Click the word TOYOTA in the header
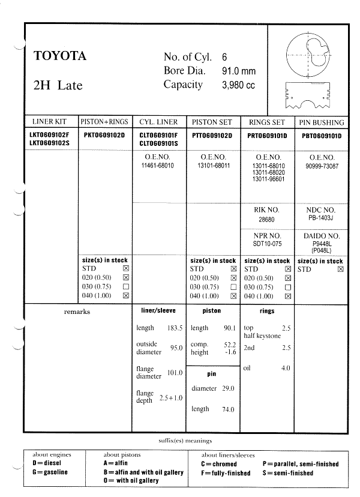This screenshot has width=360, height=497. (x=60, y=57)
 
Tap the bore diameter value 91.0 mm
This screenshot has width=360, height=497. (x=239, y=71)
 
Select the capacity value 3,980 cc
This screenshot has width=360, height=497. (x=238, y=85)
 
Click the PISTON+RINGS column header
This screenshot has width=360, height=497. (x=105, y=121)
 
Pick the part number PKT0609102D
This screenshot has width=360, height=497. (x=104, y=136)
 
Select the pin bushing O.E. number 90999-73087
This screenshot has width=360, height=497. (x=321, y=165)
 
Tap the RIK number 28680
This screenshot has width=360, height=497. (x=266, y=220)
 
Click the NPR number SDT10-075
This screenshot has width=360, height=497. (x=266, y=243)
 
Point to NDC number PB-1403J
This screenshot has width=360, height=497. (x=321, y=218)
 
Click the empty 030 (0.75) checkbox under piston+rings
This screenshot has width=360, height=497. (x=126, y=287)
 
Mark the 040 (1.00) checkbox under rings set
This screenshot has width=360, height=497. (x=289, y=296)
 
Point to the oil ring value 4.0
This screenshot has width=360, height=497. (x=286, y=368)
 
